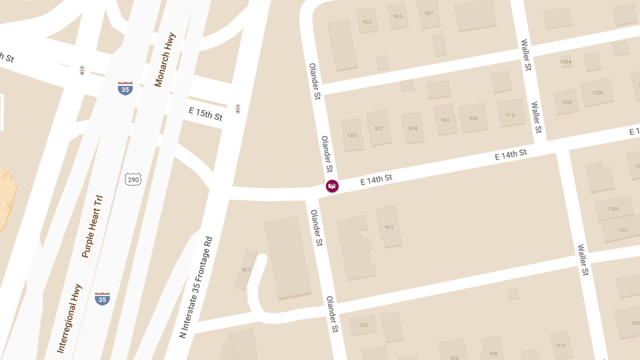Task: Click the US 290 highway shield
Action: tap(133, 180)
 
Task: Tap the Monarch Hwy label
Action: tap(165, 60)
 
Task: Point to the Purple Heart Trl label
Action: tap(92, 227)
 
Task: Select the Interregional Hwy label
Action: tap(69, 318)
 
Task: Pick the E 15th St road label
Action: tap(205, 114)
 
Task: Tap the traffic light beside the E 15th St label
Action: tap(238, 109)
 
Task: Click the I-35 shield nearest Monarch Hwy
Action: tap(125, 89)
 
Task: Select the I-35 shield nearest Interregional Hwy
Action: tap(102, 299)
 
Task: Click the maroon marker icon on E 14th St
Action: tap(332, 186)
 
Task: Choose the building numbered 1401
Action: tap(353, 135)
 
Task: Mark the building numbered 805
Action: tap(246, 270)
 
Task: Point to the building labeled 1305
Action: tap(363, 325)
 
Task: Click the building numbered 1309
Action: tap(613, 209)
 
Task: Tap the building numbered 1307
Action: tap(622, 230)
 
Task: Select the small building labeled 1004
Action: tap(566, 62)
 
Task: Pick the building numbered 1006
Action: tap(597, 93)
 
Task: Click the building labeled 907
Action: tap(429, 13)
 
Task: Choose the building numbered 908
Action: tap(473, 118)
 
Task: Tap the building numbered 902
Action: tap(379, 129)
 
